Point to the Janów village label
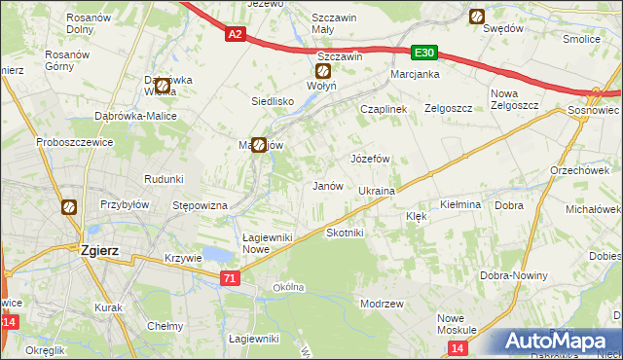click(x=325, y=185)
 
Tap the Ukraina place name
click(x=376, y=191)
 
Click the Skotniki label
click(x=345, y=233)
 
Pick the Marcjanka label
click(x=416, y=74)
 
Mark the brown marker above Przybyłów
click(x=68, y=206)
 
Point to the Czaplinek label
click(x=383, y=110)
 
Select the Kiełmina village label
click(x=460, y=205)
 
